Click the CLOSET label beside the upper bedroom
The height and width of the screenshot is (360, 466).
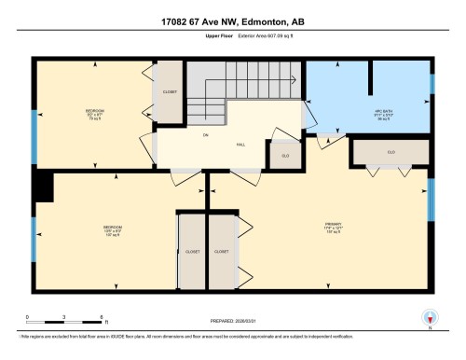tap(170, 92)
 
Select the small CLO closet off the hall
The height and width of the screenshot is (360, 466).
tap(285, 155)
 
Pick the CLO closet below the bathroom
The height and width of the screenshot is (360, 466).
tap(391, 151)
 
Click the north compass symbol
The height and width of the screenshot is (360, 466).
tap(429, 316)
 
